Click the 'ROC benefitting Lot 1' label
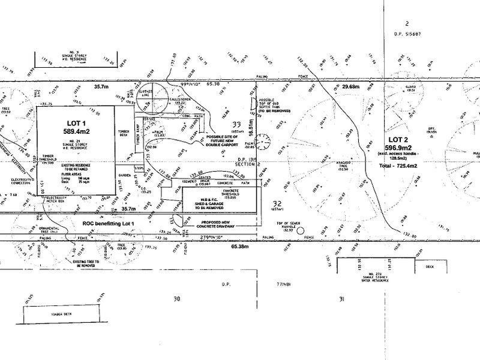[110, 223]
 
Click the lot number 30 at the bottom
[176, 298]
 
